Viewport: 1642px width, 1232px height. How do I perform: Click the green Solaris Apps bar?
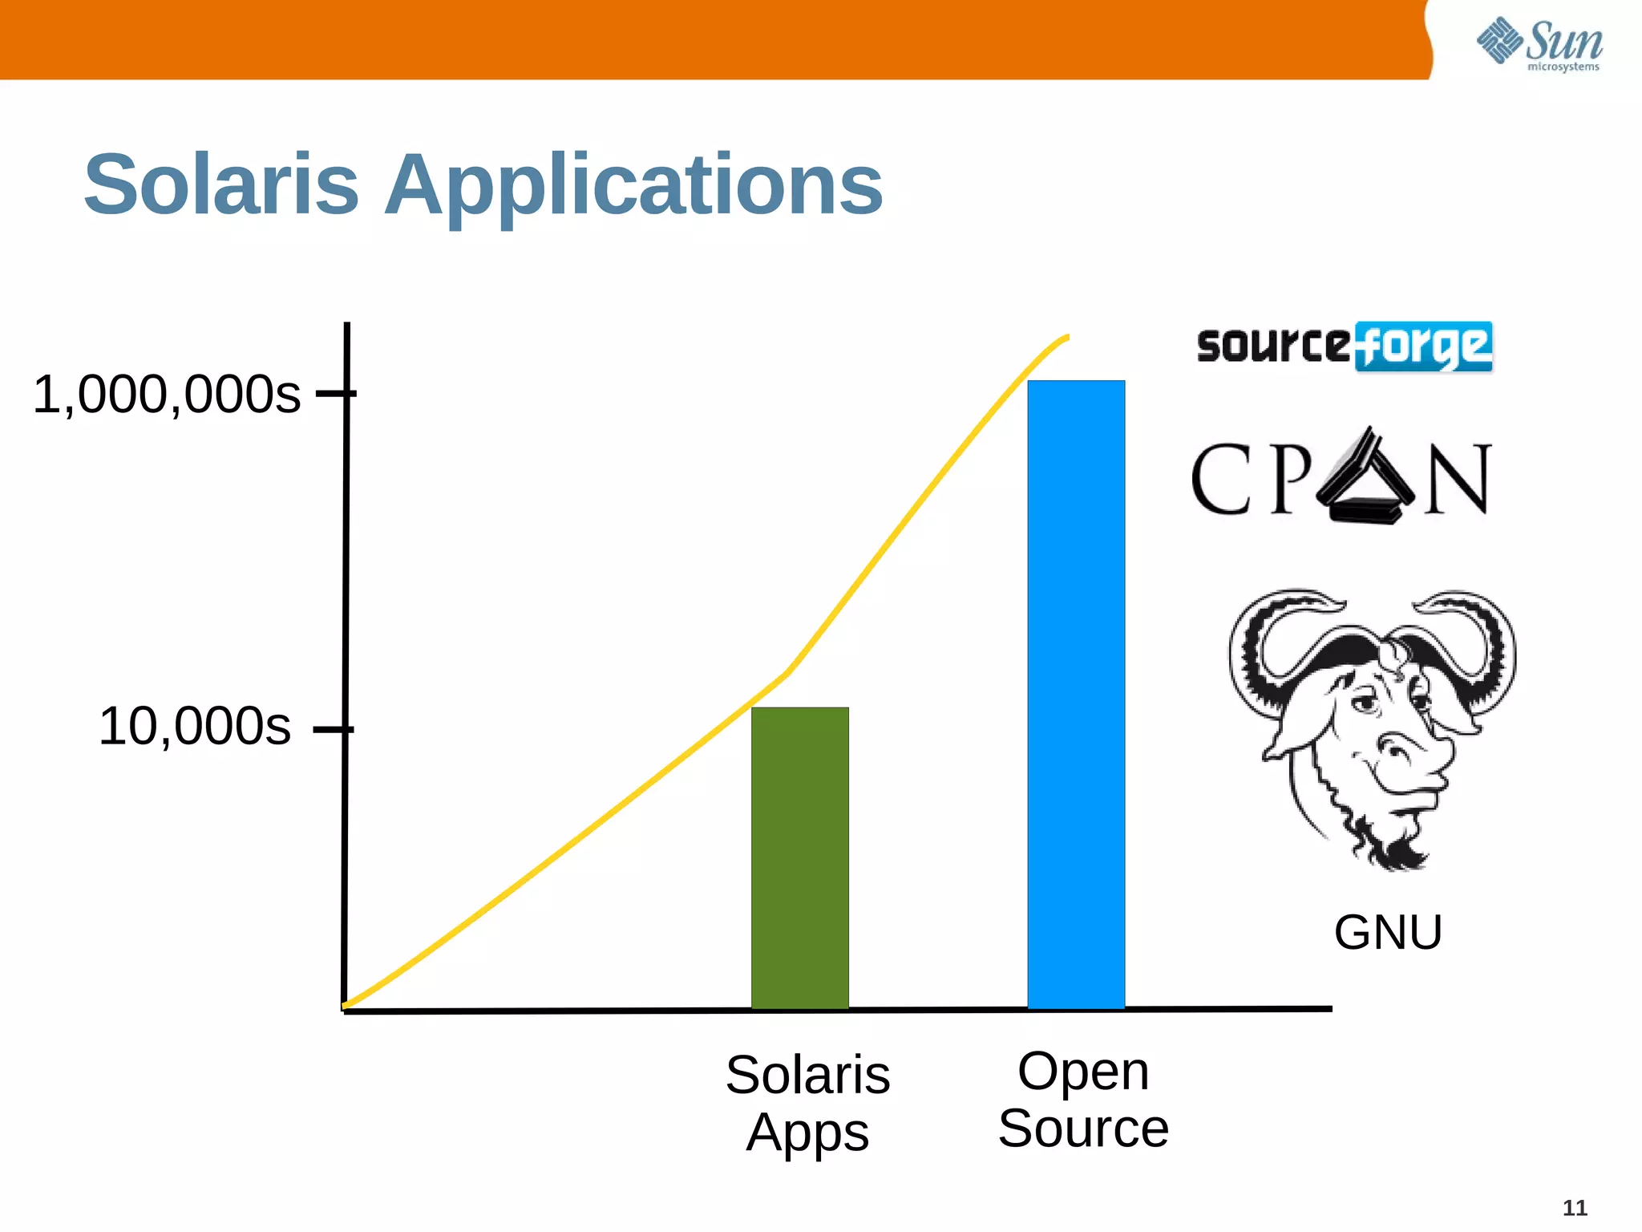[x=799, y=858]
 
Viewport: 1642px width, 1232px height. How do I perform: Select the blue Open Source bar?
[x=1076, y=695]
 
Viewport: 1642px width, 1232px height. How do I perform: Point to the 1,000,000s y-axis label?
[x=166, y=395]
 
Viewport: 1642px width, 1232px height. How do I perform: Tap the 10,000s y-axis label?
[x=194, y=727]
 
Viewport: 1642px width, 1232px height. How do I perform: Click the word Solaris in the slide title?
[x=221, y=185]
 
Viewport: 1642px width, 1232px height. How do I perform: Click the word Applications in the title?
[x=633, y=187]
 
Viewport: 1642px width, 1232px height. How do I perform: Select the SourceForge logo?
[x=1345, y=346]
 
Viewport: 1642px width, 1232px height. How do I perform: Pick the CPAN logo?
[x=1341, y=478]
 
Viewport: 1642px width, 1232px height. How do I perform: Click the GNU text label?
[x=1388, y=932]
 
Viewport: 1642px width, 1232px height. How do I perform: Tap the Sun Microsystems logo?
[x=1539, y=44]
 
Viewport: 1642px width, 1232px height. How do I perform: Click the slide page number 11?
[x=1575, y=1208]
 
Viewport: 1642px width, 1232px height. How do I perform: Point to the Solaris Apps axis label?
[x=807, y=1104]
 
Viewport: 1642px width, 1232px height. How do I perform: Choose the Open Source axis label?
[x=1083, y=1100]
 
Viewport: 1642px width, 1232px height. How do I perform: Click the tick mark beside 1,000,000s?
[x=336, y=393]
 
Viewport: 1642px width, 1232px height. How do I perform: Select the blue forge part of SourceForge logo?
[x=1424, y=347]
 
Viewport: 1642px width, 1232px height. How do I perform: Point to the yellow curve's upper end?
[x=1066, y=337]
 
